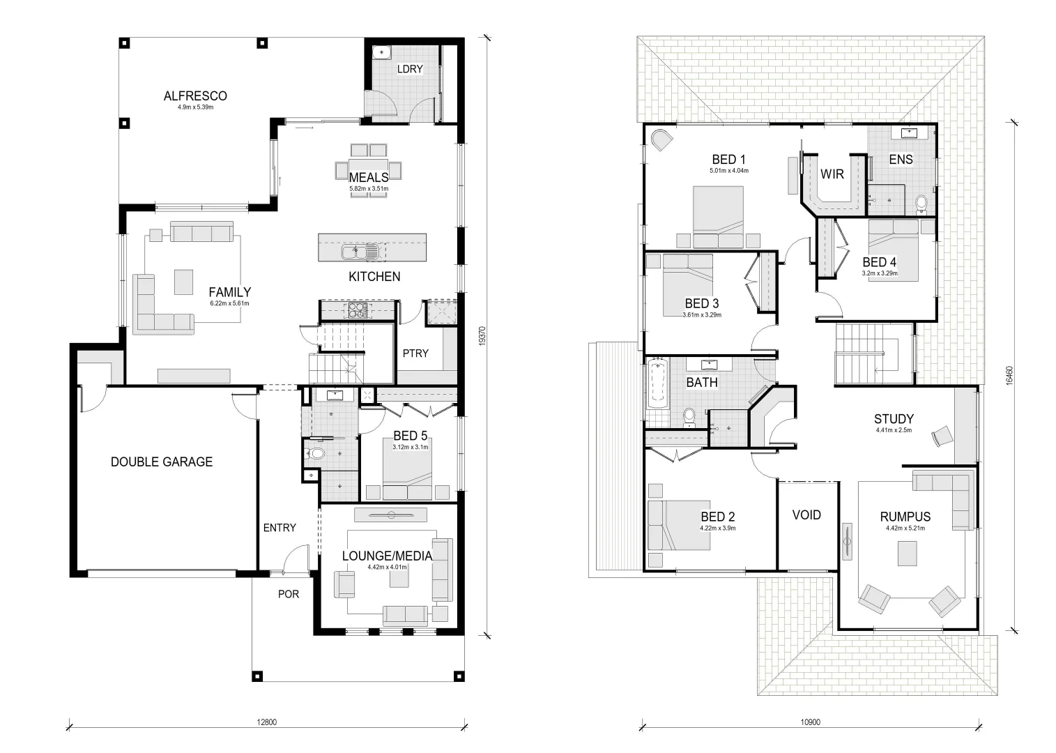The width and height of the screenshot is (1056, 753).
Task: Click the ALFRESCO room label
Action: [x=195, y=96]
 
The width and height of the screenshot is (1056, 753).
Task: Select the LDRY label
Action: [x=410, y=69]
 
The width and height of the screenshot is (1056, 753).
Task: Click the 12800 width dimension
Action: [x=267, y=722]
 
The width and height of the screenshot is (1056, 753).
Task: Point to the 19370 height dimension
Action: [x=482, y=336]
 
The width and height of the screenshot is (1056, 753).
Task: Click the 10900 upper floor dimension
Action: [x=811, y=722]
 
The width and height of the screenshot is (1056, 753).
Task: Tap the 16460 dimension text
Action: [x=1009, y=376]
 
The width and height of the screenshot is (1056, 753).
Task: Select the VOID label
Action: [x=806, y=515]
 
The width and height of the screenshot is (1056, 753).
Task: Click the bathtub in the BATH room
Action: [x=657, y=383]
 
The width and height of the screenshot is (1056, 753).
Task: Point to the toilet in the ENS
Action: [x=921, y=205]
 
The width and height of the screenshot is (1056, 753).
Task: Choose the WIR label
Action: [x=832, y=174]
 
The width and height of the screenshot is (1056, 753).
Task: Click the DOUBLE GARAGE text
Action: [x=162, y=462]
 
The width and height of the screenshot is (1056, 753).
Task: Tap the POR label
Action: [x=289, y=594]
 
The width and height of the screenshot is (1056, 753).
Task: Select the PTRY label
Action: [x=415, y=353]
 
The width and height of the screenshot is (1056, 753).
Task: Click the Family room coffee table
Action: [x=184, y=282]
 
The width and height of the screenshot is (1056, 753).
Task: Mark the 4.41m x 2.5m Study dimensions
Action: [x=894, y=430]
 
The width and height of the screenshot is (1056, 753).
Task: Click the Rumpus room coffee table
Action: [x=908, y=554]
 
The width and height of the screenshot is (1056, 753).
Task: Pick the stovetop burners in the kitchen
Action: [x=358, y=310]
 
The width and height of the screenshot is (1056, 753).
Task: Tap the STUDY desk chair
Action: [x=942, y=436]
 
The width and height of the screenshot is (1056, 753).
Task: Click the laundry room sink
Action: [x=381, y=52]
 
